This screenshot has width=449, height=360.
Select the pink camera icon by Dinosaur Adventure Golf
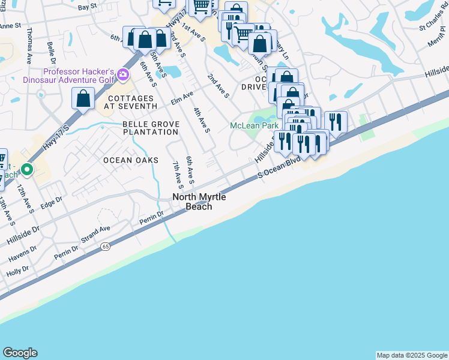click(x=124, y=74)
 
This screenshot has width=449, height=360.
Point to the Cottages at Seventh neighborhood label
click(x=131, y=103)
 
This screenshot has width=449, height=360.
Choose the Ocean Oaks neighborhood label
click(x=131, y=160)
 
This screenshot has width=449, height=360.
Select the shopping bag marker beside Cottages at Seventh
click(x=83, y=98)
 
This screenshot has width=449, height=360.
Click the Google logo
click(x=20, y=353)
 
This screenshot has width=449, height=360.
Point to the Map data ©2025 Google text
click(x=411, y=355)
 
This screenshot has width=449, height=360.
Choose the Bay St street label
click(x=87, y=7)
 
